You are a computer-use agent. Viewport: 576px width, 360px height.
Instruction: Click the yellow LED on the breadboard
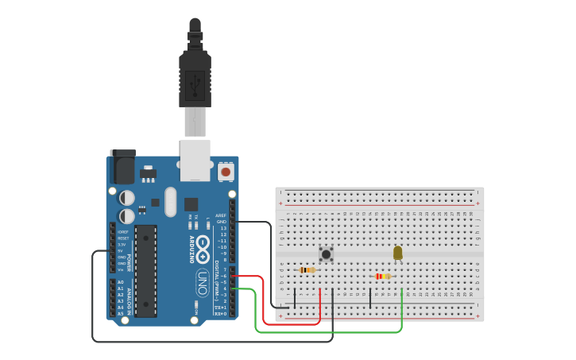[x=398, y=253]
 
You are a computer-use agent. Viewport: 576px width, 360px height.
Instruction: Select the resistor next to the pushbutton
[x=307, y=270]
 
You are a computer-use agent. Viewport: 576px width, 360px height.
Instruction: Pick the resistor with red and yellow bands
[x=382, y=277]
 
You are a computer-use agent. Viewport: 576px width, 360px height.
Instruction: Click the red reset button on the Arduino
[x=226, y=171]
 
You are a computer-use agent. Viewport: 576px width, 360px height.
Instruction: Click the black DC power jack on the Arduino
[x=123, y=168]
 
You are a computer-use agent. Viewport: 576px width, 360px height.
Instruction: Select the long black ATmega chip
[x=145, y=270]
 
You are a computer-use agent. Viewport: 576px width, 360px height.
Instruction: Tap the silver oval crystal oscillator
[x=171, y=202]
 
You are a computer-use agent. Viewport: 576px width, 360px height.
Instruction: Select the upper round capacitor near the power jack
[x=127, y=197]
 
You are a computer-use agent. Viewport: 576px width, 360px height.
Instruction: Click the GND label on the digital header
[x=222, y=222]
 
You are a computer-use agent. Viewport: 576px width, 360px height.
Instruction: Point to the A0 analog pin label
[x=121, y=282]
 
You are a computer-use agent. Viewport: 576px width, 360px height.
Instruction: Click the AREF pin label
[x=221, y=215]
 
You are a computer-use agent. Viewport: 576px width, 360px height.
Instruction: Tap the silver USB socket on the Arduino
[x=195, y=158]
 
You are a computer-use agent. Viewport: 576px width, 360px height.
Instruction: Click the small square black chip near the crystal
[x=191, y=204]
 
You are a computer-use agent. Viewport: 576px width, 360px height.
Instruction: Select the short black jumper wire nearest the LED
[x=370, y=299]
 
